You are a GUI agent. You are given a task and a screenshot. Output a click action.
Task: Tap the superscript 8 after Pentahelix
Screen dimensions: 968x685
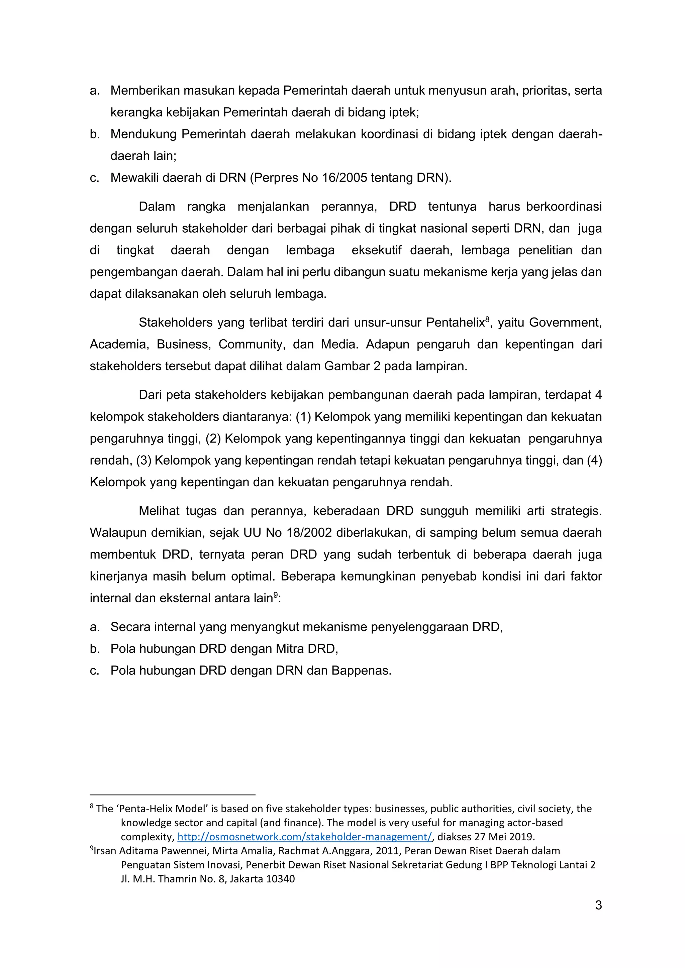[487, 319]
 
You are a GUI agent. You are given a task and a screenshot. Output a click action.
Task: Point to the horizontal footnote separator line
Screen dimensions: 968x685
[173, 795]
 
